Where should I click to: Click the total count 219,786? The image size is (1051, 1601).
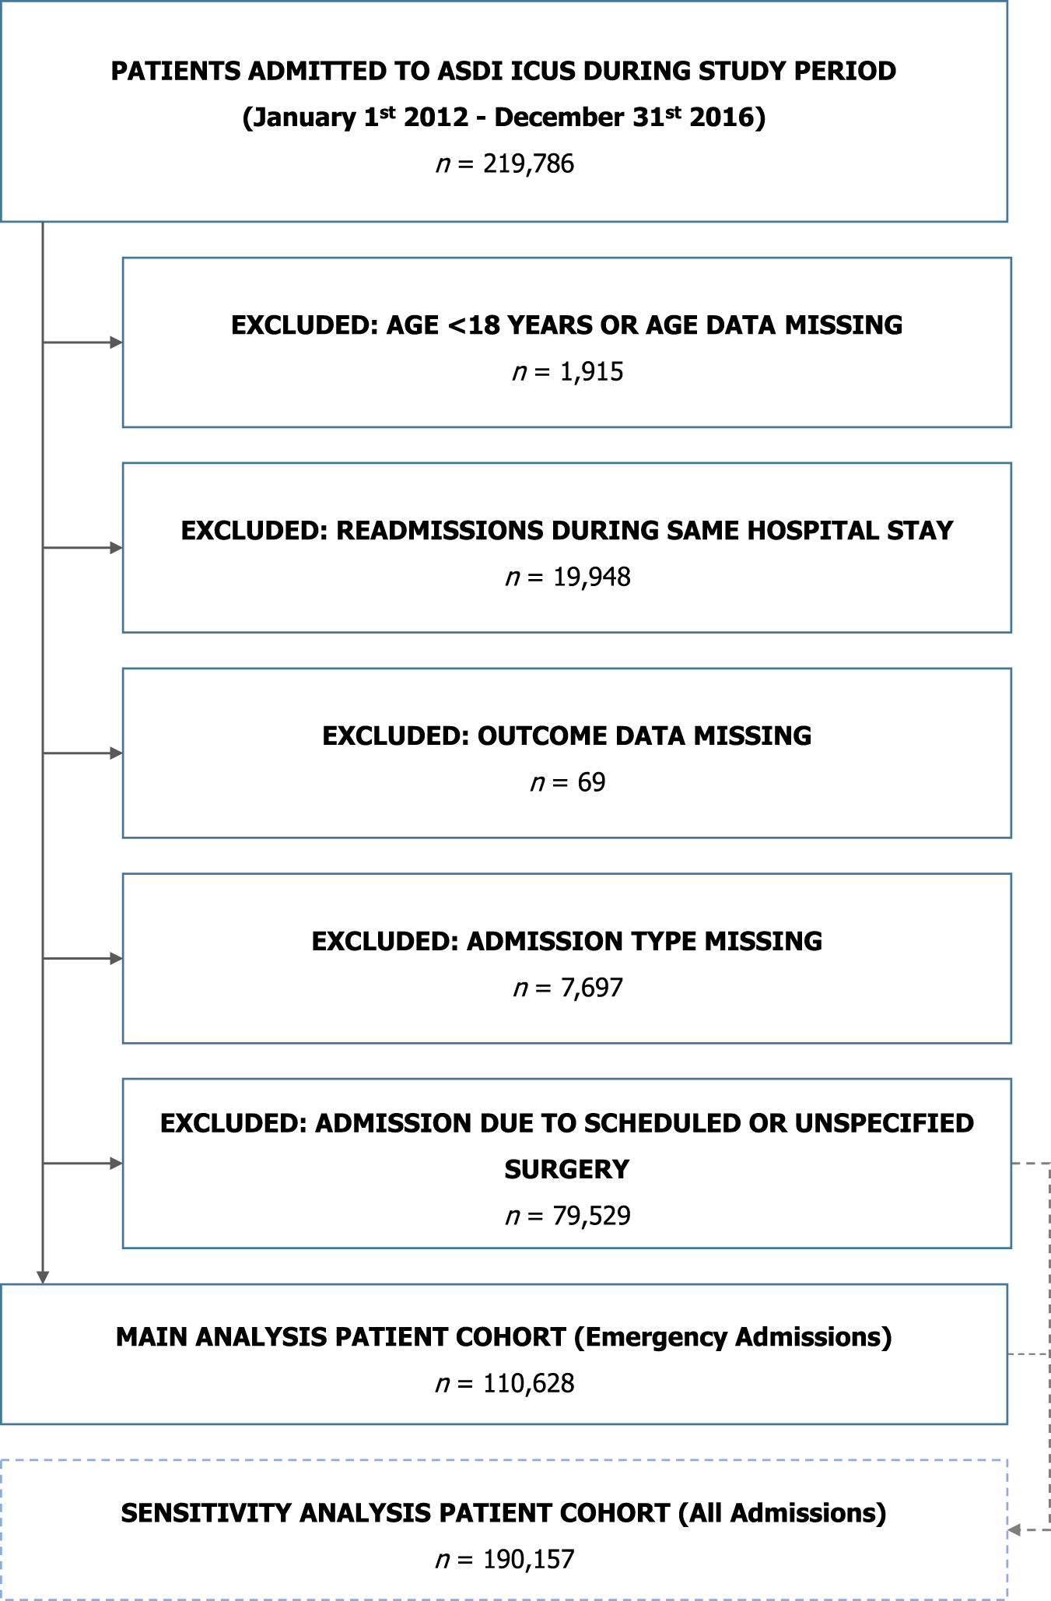528,164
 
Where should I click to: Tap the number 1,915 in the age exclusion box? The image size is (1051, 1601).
591,372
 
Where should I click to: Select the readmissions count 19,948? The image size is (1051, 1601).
591,578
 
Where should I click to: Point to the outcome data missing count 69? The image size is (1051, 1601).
591,782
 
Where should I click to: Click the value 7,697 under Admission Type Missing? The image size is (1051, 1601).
591,988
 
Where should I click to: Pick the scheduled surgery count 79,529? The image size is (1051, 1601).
591,1216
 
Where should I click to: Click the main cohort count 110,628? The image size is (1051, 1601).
528,1383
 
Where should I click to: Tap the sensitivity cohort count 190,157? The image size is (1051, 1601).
528,1559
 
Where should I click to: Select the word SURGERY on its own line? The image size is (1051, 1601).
566,1169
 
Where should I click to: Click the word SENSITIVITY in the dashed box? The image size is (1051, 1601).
208,1513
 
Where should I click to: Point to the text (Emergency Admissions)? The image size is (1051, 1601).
733,1337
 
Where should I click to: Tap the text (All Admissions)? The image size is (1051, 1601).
782,1513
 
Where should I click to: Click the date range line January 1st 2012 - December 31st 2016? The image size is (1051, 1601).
504,118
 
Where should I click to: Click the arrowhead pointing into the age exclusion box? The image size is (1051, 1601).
117,342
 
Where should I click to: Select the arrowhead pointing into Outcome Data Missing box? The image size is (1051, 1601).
117,753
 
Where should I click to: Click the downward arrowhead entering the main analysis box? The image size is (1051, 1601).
43,1278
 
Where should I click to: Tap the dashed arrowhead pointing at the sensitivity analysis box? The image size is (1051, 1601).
1014,1530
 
